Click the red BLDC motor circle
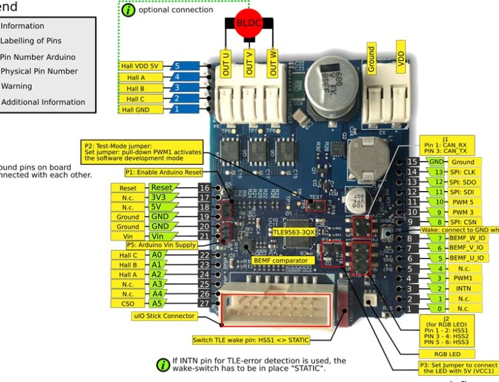coord(249,22)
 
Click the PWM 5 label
coord(462,202)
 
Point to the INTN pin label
coord(463,288)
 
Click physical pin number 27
coord(204,303)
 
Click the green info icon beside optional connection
coord(128,10)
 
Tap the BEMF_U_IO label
coord(466,258)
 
